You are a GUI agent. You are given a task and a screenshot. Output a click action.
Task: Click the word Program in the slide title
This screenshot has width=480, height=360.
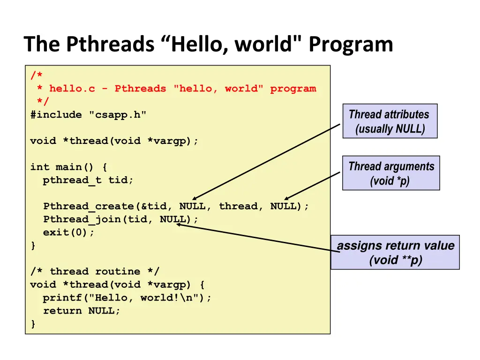point(351,45)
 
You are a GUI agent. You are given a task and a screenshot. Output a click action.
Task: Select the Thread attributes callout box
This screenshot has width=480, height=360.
point(390,121)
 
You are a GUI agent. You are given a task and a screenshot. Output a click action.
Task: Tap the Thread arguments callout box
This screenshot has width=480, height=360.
point(391,173)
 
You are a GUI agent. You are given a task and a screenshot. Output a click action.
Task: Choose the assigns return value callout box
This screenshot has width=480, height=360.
point(395,252)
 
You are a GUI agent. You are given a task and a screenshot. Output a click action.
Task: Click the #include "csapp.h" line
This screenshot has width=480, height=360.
point(88,115)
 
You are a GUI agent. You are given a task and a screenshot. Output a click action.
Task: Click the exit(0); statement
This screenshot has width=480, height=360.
point(68,232)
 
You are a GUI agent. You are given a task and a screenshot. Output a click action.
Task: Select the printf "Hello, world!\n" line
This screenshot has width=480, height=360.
point(127,298)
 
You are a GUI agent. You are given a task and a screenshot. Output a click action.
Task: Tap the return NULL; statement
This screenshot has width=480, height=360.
point(82,311)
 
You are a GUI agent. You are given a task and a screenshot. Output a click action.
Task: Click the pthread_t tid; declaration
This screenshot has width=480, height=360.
point(88,180)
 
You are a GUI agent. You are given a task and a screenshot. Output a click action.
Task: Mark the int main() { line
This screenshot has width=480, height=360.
point(68,167)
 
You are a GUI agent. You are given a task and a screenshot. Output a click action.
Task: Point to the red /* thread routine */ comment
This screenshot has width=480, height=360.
point(95,271)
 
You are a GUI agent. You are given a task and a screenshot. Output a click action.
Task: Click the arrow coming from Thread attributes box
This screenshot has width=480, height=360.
point(266,162)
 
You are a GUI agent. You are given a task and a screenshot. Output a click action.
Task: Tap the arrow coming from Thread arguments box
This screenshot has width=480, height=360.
point(312,186)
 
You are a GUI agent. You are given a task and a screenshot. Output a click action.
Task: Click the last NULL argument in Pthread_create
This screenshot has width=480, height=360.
point(284,206)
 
